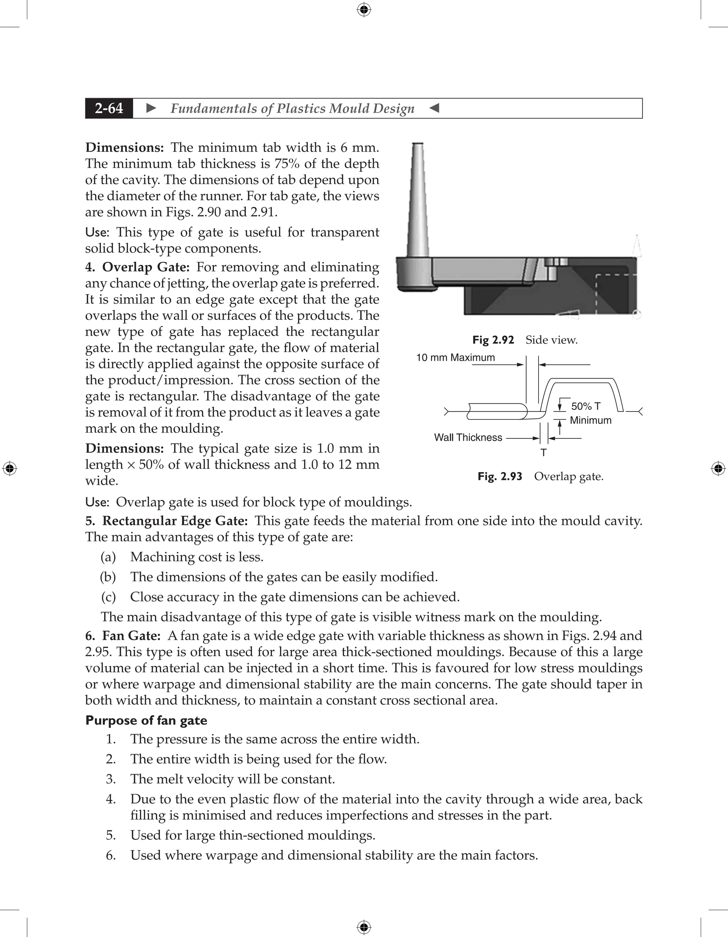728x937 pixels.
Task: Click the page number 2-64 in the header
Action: click(x=109, y=108)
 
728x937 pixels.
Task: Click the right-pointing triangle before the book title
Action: click(x=151, y=108)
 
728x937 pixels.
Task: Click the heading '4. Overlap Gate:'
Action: click(x=137, y=267)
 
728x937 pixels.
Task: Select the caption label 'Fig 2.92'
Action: click(x=493, y=340)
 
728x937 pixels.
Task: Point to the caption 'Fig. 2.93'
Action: click(x=500, y=476)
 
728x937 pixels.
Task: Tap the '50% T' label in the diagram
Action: click(x=585, y=406)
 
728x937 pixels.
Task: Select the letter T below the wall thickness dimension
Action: click(x=544, y=453)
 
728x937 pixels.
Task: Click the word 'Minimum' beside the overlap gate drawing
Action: click(x=590, y=420)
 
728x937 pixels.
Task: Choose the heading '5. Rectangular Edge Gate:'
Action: click(x=166, y=521)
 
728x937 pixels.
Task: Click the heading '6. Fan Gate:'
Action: click(x=123, y=636)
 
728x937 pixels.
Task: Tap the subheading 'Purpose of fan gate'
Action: click(x=146, y=720)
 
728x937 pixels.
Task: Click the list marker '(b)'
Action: click(x=108, y=577)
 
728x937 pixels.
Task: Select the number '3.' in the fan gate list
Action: click(x=111, y=779)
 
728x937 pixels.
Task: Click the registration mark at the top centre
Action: click(x=364, y=10)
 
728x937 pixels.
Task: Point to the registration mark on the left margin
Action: click(x=10, y=469)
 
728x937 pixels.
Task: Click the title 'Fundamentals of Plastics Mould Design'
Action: click(x=292, y=108)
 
